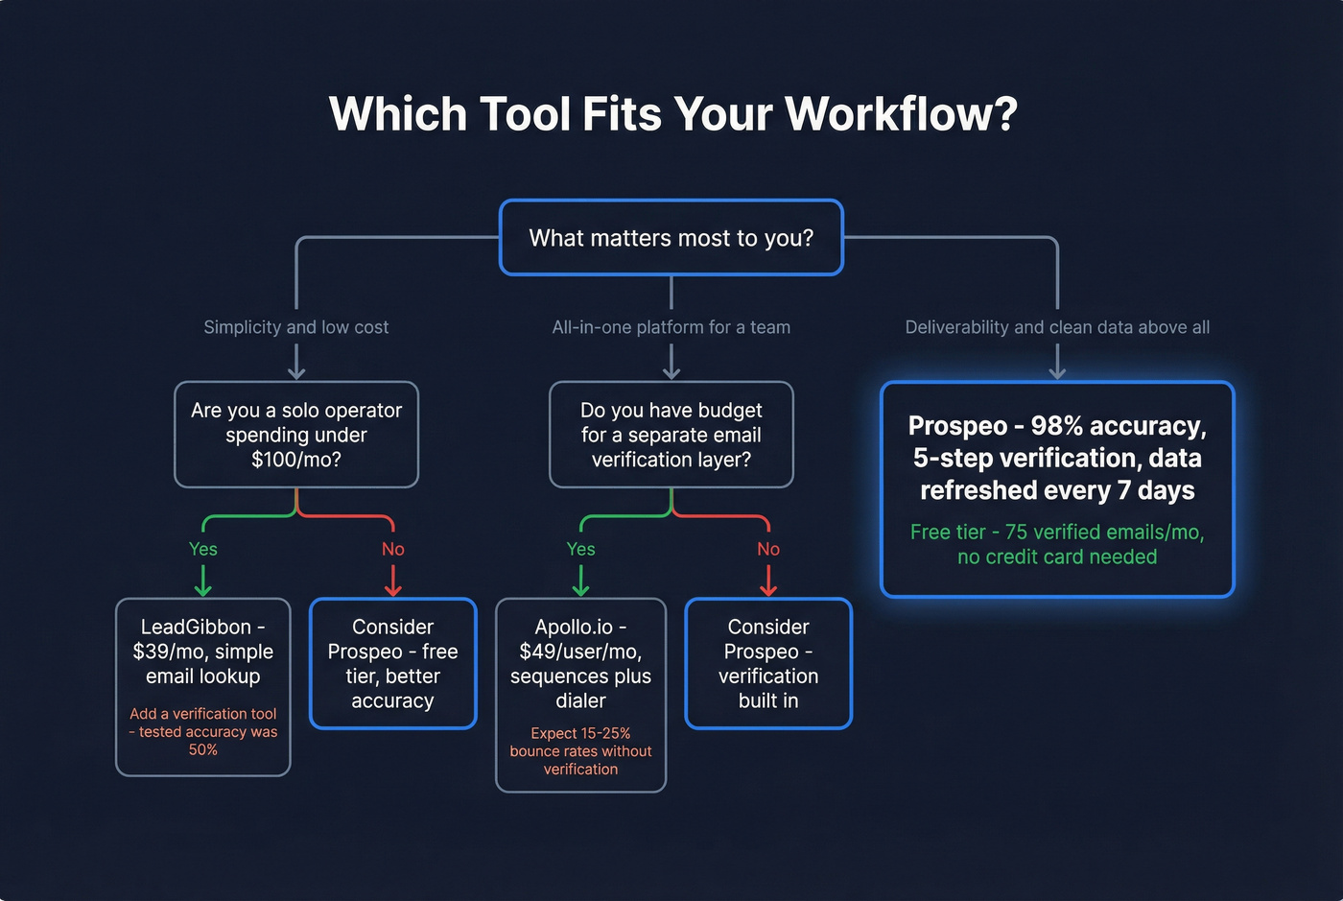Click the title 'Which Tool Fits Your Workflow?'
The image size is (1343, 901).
(x=672, y=114)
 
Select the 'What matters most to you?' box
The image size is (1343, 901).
(x=671, y=238)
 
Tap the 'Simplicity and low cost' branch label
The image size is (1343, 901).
(x=295, y=327)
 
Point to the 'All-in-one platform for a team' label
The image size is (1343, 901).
(x=671, y=327)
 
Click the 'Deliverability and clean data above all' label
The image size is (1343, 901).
(x=1057, y=327)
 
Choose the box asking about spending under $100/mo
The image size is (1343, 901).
(x=295, y=435)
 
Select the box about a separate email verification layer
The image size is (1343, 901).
(x=671, y=435)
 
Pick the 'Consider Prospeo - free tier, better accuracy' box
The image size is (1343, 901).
(x=392, y=664)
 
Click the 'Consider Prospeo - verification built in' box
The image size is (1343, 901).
(x=768, y=664)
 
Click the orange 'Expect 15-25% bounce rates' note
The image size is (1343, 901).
(x=580, y=751)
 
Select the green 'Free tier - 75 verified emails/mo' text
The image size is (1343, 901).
(x=1057, y=544)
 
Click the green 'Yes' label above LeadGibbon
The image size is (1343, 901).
(x=202, y=549)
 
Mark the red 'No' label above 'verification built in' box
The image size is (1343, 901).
(x=768, y=549)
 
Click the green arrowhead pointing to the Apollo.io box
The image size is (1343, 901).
(x=580, y=589)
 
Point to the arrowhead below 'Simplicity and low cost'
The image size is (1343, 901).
(x=296, y=373)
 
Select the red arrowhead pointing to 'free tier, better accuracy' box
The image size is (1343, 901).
(x=392, y=589)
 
